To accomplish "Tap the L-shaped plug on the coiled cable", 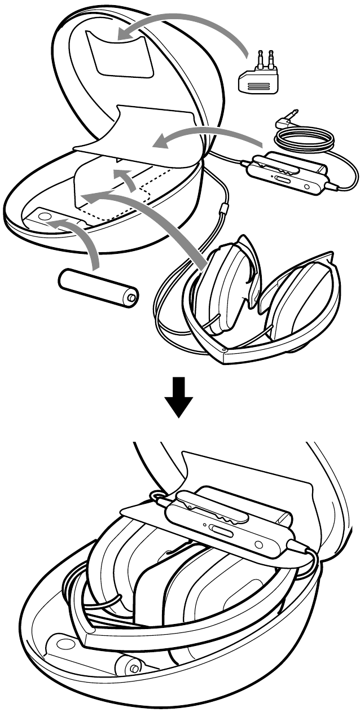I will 287,120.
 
